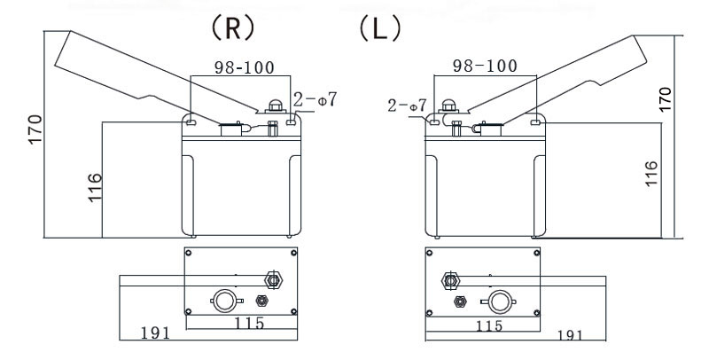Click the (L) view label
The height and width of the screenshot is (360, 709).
coord(378,27)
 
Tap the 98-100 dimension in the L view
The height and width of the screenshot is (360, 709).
coord(485,67)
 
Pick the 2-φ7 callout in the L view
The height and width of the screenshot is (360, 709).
coord(409,106)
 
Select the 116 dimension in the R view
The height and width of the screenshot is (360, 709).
coord(94,189)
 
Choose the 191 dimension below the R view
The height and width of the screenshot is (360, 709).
coord(155,334)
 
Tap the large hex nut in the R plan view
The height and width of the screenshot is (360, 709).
coord(273,280)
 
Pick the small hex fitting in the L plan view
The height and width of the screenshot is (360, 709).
coord(460,301)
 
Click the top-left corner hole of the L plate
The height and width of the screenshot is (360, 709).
coord(428,254)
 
